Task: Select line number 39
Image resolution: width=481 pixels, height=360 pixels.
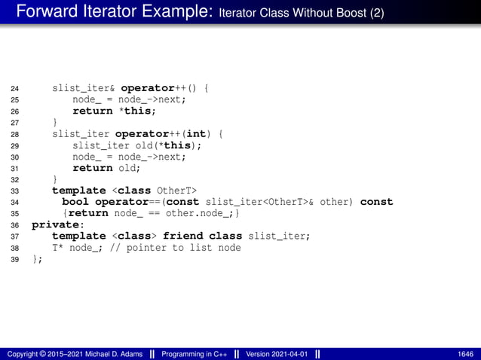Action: (x=14, y=260)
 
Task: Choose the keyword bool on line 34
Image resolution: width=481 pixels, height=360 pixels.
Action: (x=75, y=202)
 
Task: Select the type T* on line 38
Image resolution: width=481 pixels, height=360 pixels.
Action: (x=57, y=248)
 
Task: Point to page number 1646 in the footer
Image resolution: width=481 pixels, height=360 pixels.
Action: (x=465, y=354)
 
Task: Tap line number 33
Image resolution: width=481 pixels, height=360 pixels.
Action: (x=14, y=191)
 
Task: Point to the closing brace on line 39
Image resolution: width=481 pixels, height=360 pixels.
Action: (x=35, y=259)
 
